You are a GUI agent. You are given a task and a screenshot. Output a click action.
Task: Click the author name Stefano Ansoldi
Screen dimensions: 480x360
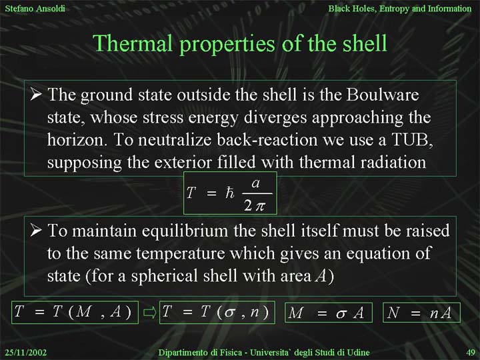click(x=35, y=8)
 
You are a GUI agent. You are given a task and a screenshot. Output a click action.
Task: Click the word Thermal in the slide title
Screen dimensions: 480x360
click(x=133, y=43)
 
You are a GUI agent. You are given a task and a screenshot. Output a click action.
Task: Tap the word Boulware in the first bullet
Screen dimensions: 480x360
click(x=383, y=94)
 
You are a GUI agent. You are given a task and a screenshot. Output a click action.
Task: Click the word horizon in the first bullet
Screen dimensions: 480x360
click(x=77, y=139)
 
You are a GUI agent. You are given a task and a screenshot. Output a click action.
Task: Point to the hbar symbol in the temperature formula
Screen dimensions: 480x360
click(x=229, y=193)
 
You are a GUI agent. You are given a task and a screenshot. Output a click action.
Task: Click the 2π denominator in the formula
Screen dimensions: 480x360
click(x=254, y=206)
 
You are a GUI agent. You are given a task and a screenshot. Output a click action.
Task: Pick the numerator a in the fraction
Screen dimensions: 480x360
click(x=255, y=183)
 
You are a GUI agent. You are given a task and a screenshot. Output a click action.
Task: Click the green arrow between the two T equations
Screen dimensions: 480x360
click(x=150, y=313)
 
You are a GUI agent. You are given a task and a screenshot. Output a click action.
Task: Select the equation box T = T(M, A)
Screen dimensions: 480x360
click(x=75, y=312)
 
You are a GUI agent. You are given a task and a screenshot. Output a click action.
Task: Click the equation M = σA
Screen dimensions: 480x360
click(x=329, y=313)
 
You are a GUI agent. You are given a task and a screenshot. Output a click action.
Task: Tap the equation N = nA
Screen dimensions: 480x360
click(x=421, y=313)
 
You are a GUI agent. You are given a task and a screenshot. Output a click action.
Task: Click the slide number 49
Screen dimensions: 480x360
click(x=471, y=353)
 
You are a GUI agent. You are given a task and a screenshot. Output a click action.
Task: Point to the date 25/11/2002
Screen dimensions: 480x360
click(x=26, y=353)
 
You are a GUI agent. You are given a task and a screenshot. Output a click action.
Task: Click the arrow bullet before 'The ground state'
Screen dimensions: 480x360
click(x=36, y=94)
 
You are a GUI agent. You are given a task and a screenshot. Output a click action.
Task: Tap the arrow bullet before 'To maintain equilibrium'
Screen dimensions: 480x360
click(x=36, y=230)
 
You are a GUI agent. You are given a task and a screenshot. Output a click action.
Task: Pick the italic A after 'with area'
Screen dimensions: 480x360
click(x=321, y=275)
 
